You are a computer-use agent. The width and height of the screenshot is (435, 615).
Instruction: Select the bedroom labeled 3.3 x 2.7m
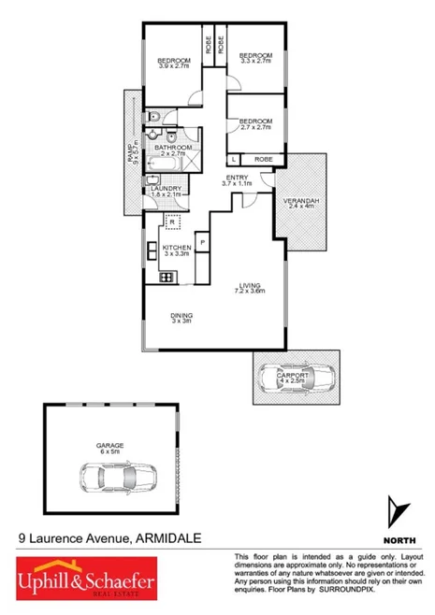[254, 60]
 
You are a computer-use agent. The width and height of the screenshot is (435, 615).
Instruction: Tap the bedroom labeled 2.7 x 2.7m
[254, 123]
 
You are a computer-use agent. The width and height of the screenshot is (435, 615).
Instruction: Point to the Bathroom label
[173, 149]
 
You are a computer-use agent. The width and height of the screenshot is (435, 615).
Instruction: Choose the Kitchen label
[177, 249]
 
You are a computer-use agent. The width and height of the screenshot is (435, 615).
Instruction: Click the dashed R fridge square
[171, 222]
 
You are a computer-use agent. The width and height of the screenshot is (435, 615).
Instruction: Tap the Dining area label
[181, 318]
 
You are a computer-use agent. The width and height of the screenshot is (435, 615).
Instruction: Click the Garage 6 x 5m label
[109, 448]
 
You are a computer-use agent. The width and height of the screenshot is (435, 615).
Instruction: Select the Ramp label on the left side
[132, 154]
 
